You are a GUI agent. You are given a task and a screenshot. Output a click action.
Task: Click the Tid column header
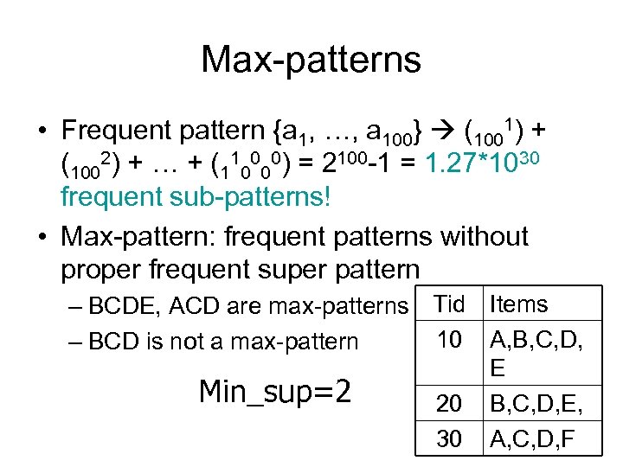(449, 304)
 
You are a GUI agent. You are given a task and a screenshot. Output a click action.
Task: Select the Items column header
(518, 304)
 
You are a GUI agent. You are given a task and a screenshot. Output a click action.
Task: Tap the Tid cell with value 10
(449, 340)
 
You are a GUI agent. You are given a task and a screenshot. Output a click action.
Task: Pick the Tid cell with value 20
(449, 404)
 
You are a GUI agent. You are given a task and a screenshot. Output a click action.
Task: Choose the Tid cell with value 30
(449, 439)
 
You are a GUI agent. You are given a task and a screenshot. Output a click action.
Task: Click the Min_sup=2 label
(274, 393)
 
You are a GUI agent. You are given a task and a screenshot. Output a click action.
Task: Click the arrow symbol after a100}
(441, 131)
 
